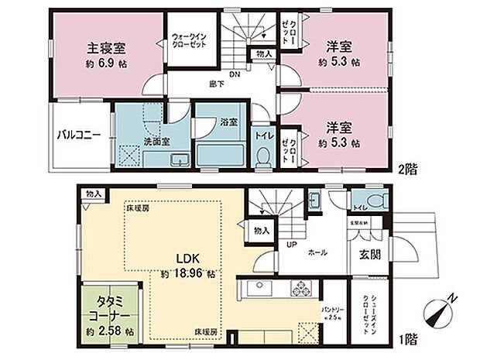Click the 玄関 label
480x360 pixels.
click(x=368, y=255)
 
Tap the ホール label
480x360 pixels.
click(x=317, y=252)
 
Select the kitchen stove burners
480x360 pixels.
click(x=301, y=290)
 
